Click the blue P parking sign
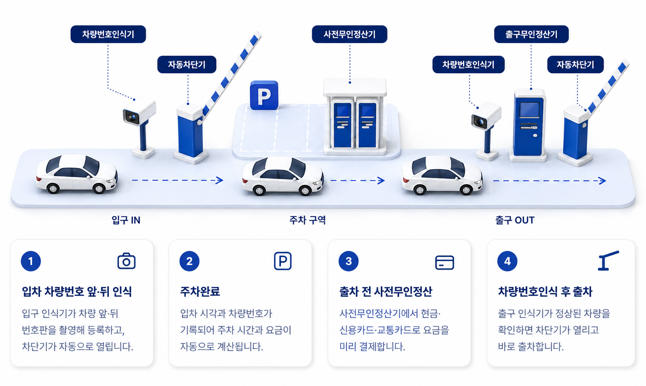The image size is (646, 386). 264,95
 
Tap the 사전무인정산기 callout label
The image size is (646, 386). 349,34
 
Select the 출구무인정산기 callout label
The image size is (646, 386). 531,34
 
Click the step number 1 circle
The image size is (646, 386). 31,261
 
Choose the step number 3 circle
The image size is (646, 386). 348,261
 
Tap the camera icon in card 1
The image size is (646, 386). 126,261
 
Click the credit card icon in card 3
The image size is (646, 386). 445,263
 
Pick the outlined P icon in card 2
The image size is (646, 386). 283,261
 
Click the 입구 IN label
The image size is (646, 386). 126,220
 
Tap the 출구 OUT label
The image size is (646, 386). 515,220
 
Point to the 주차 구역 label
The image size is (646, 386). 307,220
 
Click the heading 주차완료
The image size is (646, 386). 200,291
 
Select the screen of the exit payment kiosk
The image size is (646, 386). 529,110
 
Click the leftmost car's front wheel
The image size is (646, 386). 99,188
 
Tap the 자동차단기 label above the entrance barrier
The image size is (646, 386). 187,65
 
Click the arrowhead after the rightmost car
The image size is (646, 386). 602,181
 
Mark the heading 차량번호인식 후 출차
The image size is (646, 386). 545,291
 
